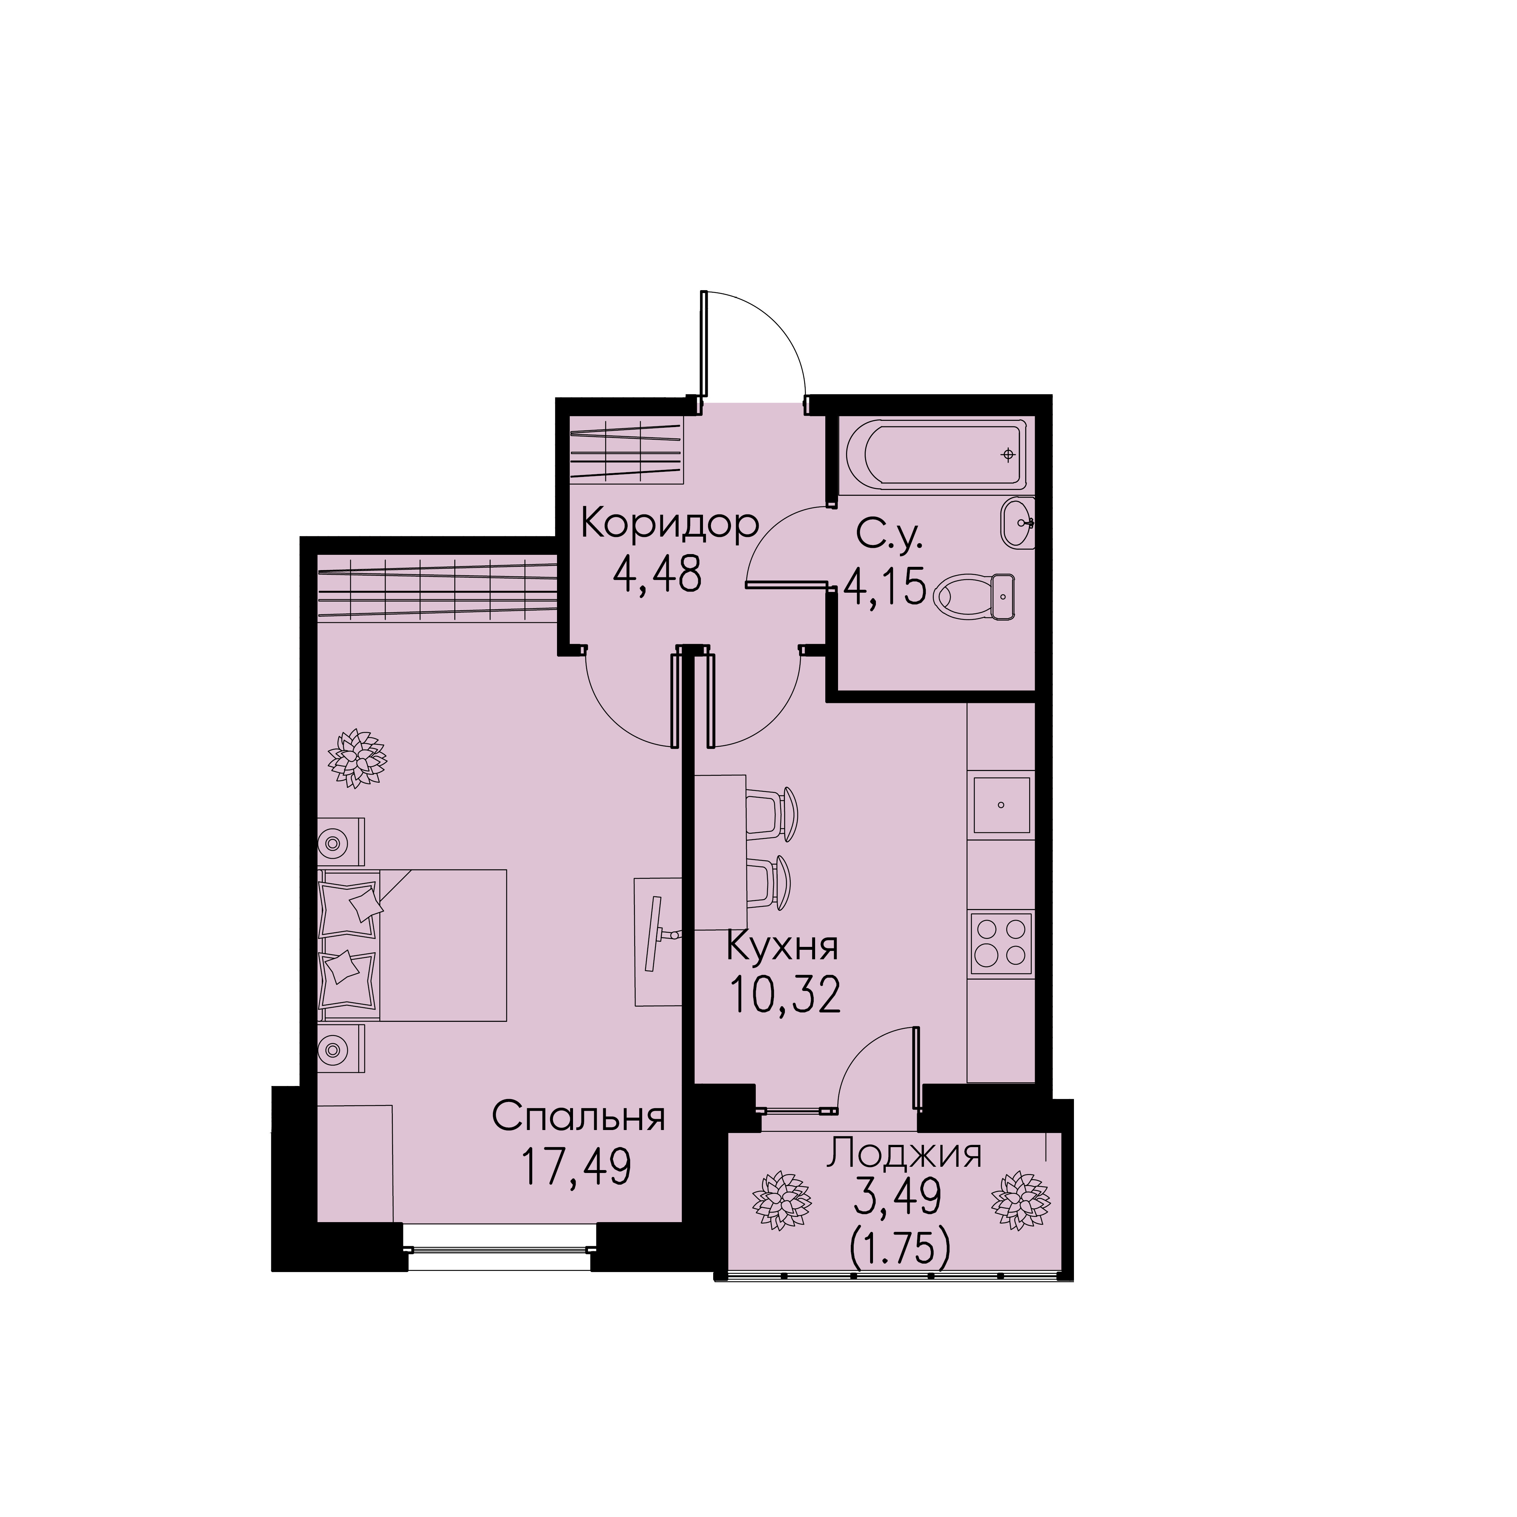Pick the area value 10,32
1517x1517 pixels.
(785, 996)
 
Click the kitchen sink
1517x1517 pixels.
(1002, 805)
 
